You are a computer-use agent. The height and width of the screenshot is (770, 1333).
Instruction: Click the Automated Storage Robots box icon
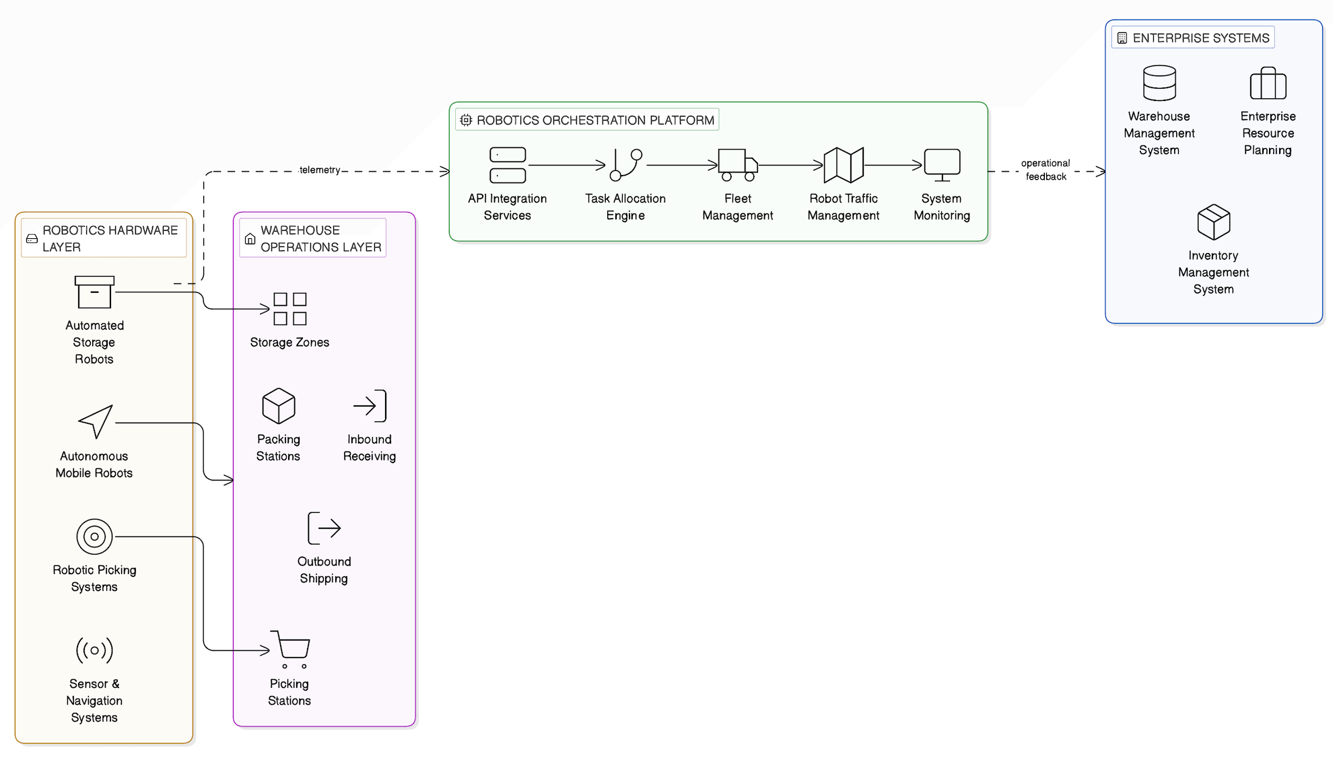point(94,292)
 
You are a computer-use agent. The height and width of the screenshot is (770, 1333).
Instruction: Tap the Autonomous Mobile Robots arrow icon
point(95,422)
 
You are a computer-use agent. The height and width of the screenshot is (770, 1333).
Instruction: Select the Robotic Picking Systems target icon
point(94,536)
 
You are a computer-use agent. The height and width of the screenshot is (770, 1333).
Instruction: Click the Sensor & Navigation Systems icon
point(94,650)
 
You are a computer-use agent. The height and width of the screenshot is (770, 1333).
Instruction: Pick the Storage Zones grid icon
point(290,309)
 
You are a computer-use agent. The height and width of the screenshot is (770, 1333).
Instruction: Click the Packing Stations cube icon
point(279,406)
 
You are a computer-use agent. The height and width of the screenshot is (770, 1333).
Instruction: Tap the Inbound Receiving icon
point(370,406)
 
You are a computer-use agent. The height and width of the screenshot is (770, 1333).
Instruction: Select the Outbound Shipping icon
point(324,528)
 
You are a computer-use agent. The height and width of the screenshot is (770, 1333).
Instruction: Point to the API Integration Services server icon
point(508,165)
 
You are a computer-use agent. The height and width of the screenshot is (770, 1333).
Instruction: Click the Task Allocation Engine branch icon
point(625,165)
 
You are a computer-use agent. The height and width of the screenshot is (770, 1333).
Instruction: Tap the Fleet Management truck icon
point(738,165)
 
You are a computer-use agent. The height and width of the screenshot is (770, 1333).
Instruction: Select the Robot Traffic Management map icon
point(844,165)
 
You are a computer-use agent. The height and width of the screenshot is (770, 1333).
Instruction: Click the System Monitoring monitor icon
point(942,165)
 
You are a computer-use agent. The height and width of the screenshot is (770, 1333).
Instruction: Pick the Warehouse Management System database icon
point(1159,83)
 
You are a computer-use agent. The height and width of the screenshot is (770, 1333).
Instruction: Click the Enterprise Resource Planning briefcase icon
point(1268,83)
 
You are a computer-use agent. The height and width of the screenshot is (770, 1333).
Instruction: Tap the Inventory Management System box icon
point(1214,222)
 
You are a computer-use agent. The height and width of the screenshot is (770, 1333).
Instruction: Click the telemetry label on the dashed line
point(320,170)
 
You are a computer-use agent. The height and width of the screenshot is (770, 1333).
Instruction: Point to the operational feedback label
point(1046,170)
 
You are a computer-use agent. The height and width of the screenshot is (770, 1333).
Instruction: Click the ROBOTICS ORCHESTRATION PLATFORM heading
point(595,120)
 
